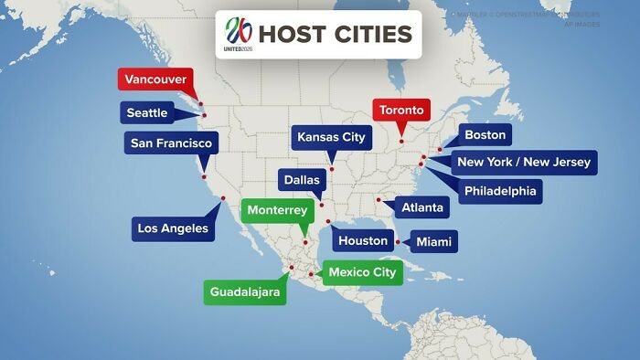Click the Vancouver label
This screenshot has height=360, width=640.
155,79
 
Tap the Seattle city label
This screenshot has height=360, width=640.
147,113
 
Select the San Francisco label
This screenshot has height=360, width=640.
171,143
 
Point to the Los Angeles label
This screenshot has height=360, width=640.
173,228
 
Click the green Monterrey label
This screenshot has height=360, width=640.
277,210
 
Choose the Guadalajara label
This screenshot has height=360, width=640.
244,291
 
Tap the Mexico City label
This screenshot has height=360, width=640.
362,272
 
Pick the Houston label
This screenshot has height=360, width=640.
363,241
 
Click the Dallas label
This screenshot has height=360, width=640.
302,180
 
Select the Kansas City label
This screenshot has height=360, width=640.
331,138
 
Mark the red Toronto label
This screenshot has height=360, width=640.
401,111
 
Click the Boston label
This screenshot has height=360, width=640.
485,135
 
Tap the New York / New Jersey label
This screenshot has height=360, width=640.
524,163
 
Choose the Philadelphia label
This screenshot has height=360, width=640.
499,191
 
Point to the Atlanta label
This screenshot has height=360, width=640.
422,208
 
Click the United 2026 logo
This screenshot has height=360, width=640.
238,34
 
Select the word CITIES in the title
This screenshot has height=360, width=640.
371,35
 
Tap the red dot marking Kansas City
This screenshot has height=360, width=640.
332,169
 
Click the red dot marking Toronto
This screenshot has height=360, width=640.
400,141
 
